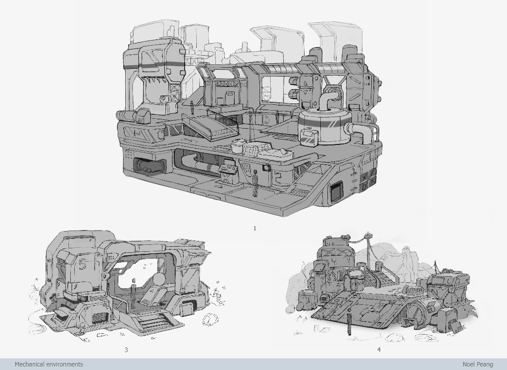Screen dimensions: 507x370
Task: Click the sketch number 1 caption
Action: [255, 229]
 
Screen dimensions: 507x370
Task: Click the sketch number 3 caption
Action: [126, 349]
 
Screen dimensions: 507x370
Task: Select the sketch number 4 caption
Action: [379, 349]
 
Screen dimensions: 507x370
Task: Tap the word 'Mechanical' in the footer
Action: [29, 364]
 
